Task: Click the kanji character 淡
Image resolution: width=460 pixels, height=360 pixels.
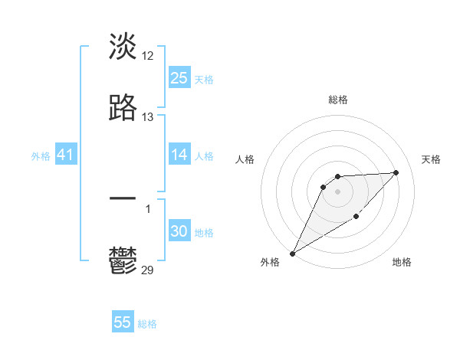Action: tap(123, 47)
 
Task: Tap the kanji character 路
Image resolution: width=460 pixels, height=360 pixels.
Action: tap(123, 108)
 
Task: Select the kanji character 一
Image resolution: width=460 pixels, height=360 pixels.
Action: tap(123, 199)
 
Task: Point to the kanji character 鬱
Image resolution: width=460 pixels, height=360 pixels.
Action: tap(123, 260)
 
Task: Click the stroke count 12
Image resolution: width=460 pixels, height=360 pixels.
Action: tap(148, 56)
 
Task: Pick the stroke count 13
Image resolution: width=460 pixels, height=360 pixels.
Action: tap(148, 117)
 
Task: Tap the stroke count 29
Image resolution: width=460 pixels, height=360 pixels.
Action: tap(148, 270)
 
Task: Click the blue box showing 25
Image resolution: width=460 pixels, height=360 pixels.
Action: tap(179, 78)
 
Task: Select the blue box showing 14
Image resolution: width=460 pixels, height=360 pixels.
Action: tap(179, 155)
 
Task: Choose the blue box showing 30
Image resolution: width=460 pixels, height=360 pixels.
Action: tap(179, 231)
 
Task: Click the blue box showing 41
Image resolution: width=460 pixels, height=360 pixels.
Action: tap(66, 155)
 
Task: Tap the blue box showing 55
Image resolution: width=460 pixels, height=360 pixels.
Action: tap(123, 322)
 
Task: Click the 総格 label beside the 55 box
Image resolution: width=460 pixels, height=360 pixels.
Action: tap(147, 324)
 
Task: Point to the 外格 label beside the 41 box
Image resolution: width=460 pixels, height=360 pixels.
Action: tap(41, 156)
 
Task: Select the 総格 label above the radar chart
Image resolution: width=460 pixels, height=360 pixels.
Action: tap(338, 100)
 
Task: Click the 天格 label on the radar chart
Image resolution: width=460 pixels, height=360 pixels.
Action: tap(432, 159)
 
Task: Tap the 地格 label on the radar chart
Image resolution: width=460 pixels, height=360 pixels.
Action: tap(402, 262)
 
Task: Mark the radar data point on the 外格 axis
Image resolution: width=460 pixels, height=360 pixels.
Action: tap(292, 254)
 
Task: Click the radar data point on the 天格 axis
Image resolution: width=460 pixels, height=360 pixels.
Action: tap(396, 172)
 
